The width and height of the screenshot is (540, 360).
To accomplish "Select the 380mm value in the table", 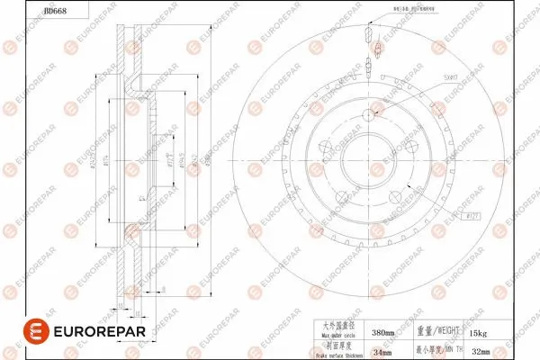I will tap(383, 333).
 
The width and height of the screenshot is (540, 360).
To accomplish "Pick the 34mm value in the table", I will tap(383, 352).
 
